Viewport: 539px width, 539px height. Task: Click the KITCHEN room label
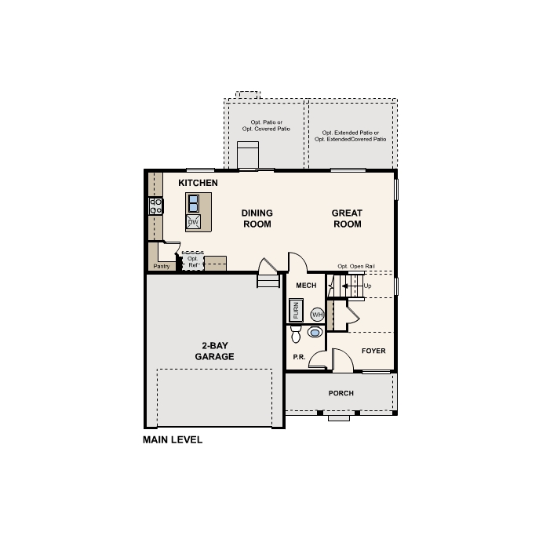click(x=198, y=183)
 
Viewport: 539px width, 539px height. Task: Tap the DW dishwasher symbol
click(x=192, y=222)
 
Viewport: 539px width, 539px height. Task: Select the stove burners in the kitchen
click(x=156, y=206)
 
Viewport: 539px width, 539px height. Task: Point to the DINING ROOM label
click(x=257, y=218)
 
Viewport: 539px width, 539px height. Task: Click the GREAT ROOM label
click(x=347, y=218)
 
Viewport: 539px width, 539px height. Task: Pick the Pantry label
click(x=162, y=267)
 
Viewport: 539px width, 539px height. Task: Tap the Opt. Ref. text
click(x=192, y=261)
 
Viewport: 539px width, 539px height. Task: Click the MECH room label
click(x=306, y=286)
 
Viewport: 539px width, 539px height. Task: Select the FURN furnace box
click(x=297, y=311)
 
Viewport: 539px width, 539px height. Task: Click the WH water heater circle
click(x=317, y=314)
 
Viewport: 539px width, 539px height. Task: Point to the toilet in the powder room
click(x=296, y=335)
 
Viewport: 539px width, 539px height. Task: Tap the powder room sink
click(x=315, y=333)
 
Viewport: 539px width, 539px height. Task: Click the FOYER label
click(x=373, y=351)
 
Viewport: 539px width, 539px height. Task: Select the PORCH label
click(x=341, y=393)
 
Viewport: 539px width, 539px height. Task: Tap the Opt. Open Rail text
click(x=356, y=267)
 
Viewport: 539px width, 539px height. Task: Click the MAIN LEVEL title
click(x=173, y=440)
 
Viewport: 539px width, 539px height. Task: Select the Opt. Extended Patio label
click(x=351, y=136)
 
